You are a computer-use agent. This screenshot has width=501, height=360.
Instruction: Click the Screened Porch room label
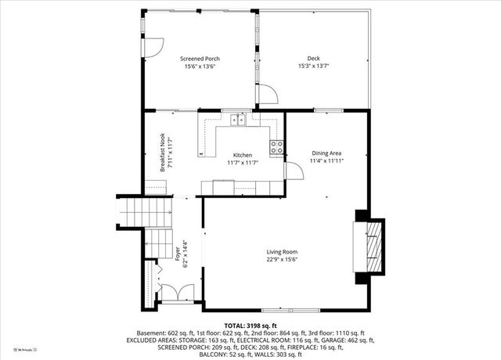200,59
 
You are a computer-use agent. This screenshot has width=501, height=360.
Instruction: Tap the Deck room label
313,59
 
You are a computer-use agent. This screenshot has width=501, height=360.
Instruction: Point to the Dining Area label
326,153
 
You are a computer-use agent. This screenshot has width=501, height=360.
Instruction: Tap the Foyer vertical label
178,254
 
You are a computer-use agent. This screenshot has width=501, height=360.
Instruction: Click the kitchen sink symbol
238,120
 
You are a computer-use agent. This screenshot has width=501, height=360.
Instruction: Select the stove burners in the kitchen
276,146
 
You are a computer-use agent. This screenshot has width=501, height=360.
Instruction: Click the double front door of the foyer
175,293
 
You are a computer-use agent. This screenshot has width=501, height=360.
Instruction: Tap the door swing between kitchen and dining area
293,171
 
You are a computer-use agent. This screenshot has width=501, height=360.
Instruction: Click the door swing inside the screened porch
153,47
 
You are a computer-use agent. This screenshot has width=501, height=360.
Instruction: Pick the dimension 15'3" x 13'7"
313,67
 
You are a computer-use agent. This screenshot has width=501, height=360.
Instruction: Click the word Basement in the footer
153,333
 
